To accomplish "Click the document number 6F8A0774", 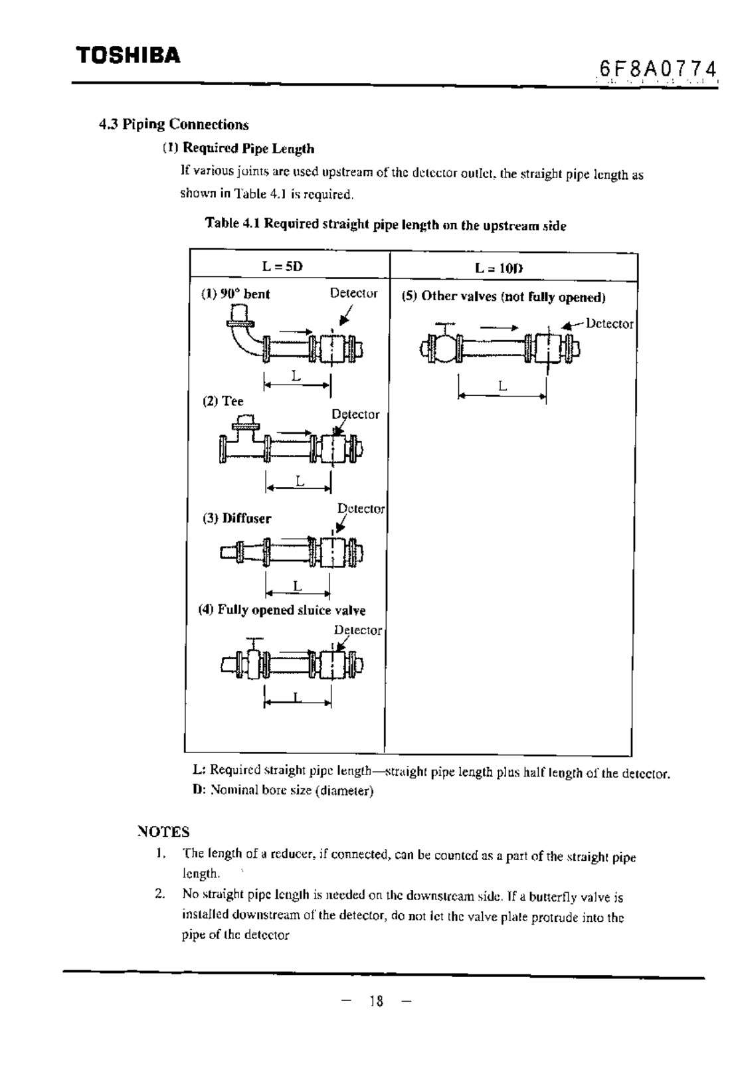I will pos(658,68).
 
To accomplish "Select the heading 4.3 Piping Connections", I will pos(173,124).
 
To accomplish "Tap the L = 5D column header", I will pos(282,266).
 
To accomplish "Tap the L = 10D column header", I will pos(499,268).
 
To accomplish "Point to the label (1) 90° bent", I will pos(236,294).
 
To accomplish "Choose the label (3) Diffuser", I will pos(237,518).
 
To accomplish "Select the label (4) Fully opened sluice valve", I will pos(282,610).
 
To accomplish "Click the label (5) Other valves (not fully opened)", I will pos(503,296).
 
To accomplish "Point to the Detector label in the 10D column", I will pos(609,324).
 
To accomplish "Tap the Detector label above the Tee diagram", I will pos(356,414).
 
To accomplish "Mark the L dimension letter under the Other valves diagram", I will pos(503,386).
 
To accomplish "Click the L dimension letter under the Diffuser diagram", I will pos(297,586).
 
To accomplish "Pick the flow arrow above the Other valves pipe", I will pos(499,327).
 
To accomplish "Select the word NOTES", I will pos(163,832).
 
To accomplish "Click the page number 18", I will pos(377,1002).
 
